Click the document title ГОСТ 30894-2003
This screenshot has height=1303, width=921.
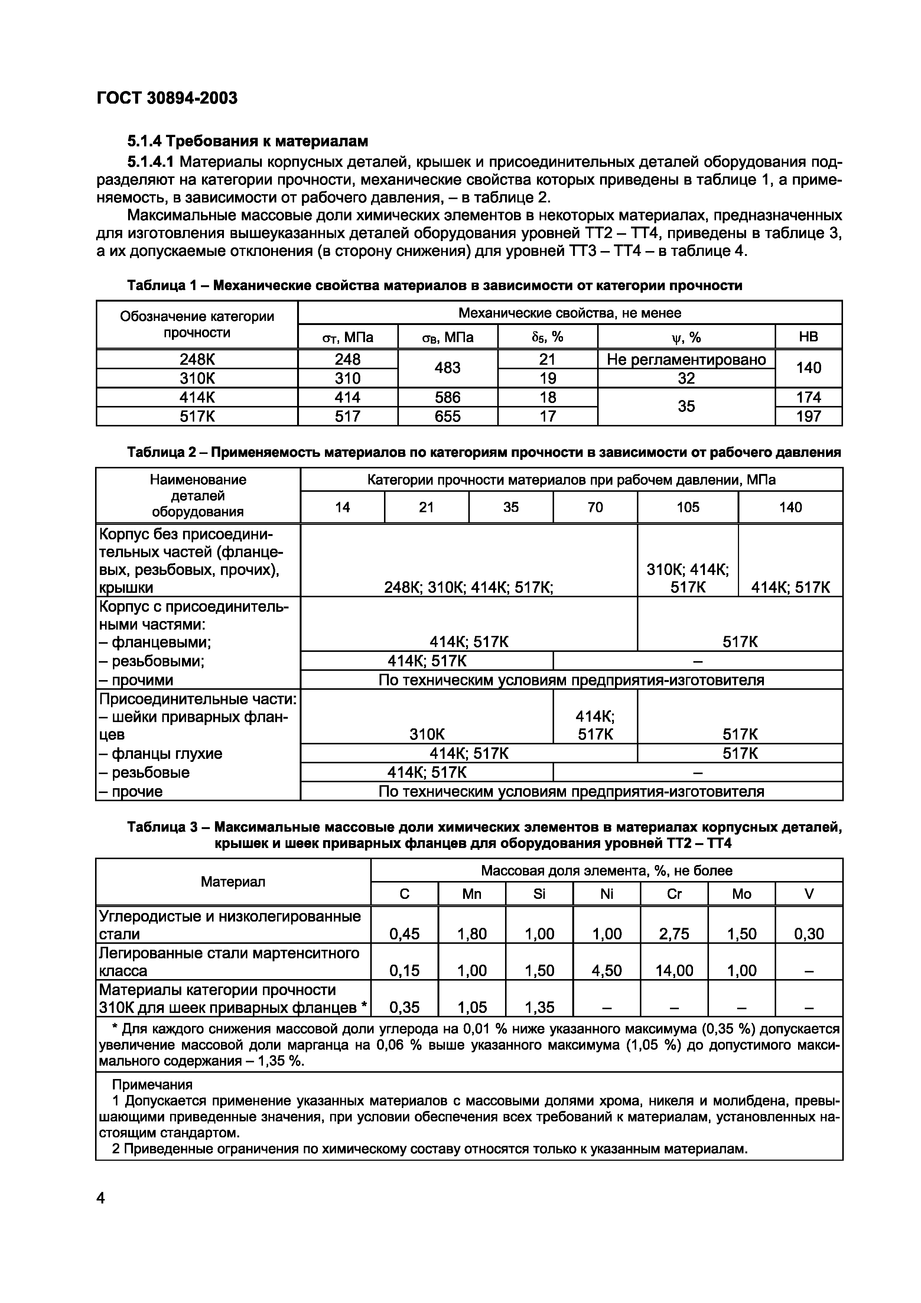coord(167,98)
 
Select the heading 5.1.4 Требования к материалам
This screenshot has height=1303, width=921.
coord(247,140)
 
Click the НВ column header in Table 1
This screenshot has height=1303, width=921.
coord(808,337)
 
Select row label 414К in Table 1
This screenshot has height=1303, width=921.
coord(197,397)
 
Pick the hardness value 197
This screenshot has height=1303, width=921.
coord(808,416)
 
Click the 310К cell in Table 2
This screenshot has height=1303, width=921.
coord(427,734)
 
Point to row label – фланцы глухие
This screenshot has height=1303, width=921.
coord(160,754)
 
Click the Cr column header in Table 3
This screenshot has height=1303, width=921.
coord(674,894)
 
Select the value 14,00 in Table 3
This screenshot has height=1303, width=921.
coord(674,971)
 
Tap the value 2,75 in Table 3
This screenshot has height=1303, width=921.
coord(674,933)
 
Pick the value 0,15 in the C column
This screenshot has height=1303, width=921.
coord(404,971)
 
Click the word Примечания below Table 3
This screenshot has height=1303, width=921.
coord(152,1085)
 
